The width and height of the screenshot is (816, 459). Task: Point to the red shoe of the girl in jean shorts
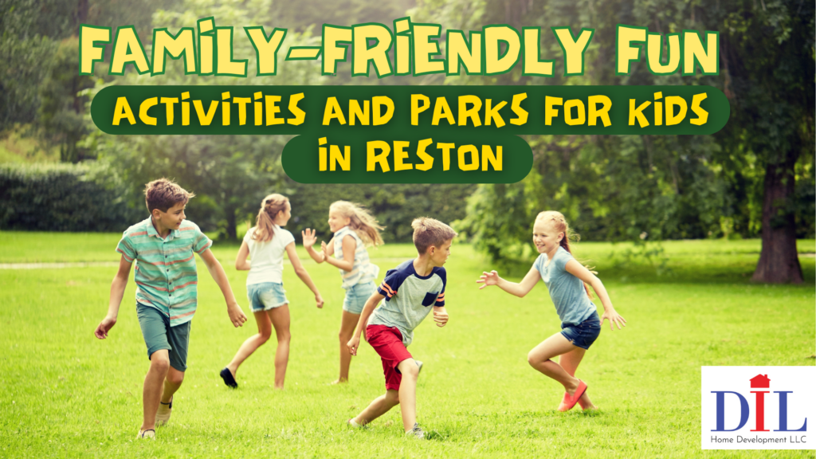tap(573, 395)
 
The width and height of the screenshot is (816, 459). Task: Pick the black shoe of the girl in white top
tap(229, 377)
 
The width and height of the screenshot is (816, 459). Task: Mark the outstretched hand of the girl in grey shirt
tap(488, 279)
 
